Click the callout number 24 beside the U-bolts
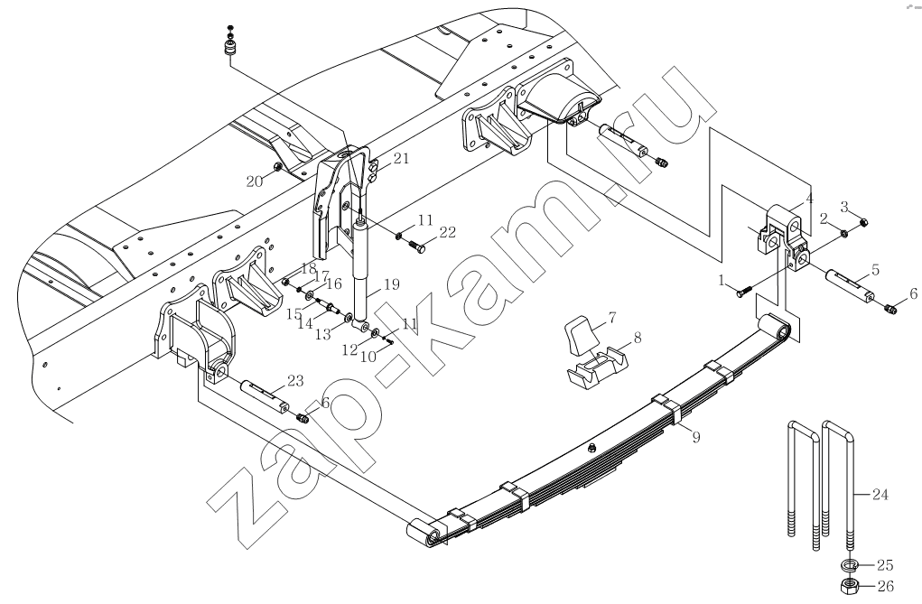pos(880,494)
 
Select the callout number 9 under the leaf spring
pos(694,437)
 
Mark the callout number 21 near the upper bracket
pos(400,159)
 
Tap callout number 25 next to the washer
pos(884,565)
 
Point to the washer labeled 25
pos(850,566)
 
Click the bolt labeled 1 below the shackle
pos(741,291)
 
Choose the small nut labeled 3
pos(864,222)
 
